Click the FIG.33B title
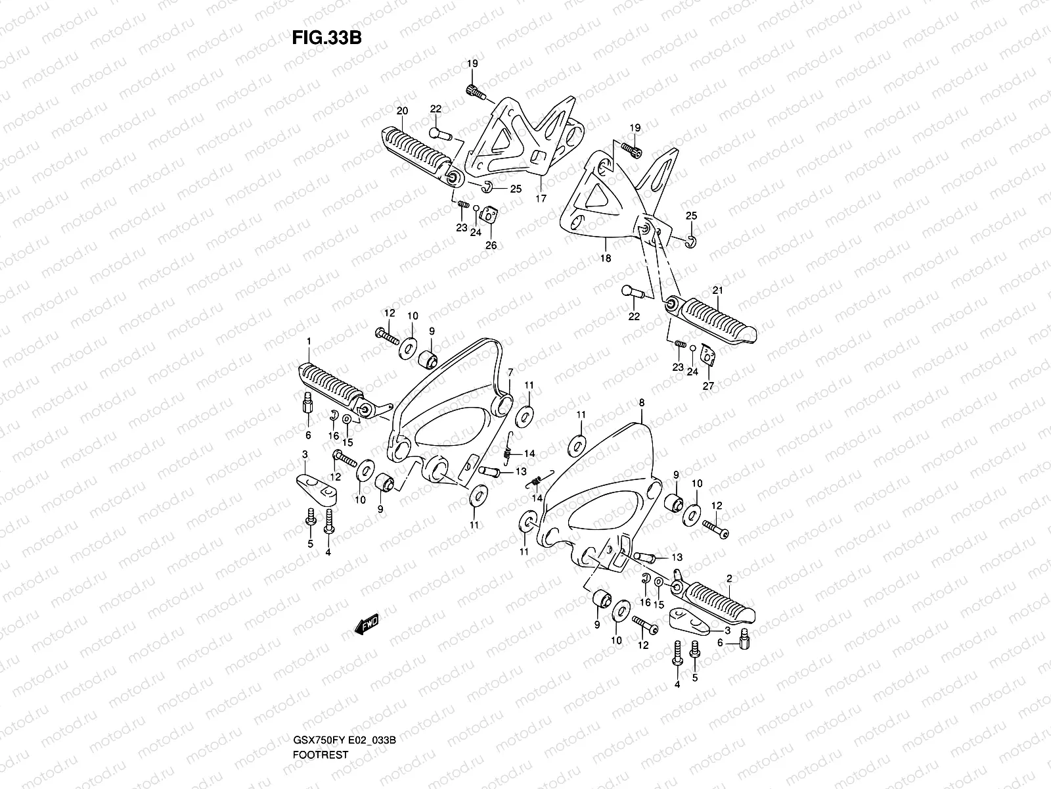pos(326,37)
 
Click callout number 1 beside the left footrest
pos(308,341)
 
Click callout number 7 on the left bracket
pos(510,373)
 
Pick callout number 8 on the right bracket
pos(641,402)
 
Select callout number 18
pos(606,258)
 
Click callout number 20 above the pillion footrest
pos(402,110)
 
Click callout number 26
pos(491,245)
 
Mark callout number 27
pos(707,386)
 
